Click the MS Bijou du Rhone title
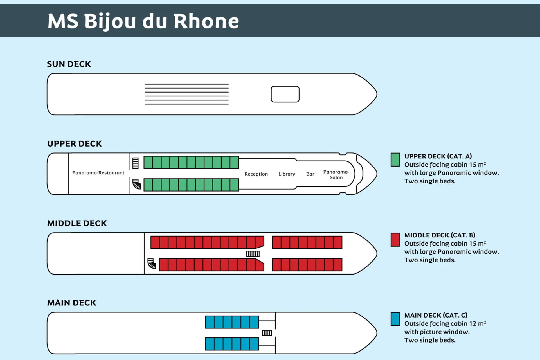[143, 21]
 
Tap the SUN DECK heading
[69, 64]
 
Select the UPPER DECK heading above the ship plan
[75, 144]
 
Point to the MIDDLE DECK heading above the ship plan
[77, 223]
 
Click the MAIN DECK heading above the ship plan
[71, 303]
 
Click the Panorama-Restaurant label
[98, 173]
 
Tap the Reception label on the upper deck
[256, 174]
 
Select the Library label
[287, 174]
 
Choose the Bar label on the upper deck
[310, 174]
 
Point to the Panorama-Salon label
[336, 175]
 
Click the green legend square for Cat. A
[395, 160]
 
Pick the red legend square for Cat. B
[395, 240]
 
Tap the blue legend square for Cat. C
[395, 319]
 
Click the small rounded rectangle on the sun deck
[285, 94]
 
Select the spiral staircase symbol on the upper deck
[137, 184]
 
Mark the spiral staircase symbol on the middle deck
[152, 264]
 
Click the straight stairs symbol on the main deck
[267, 333]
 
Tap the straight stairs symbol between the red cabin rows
[253, 254]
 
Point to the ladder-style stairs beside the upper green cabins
[135, 163]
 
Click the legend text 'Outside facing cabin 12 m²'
[445, 324]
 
